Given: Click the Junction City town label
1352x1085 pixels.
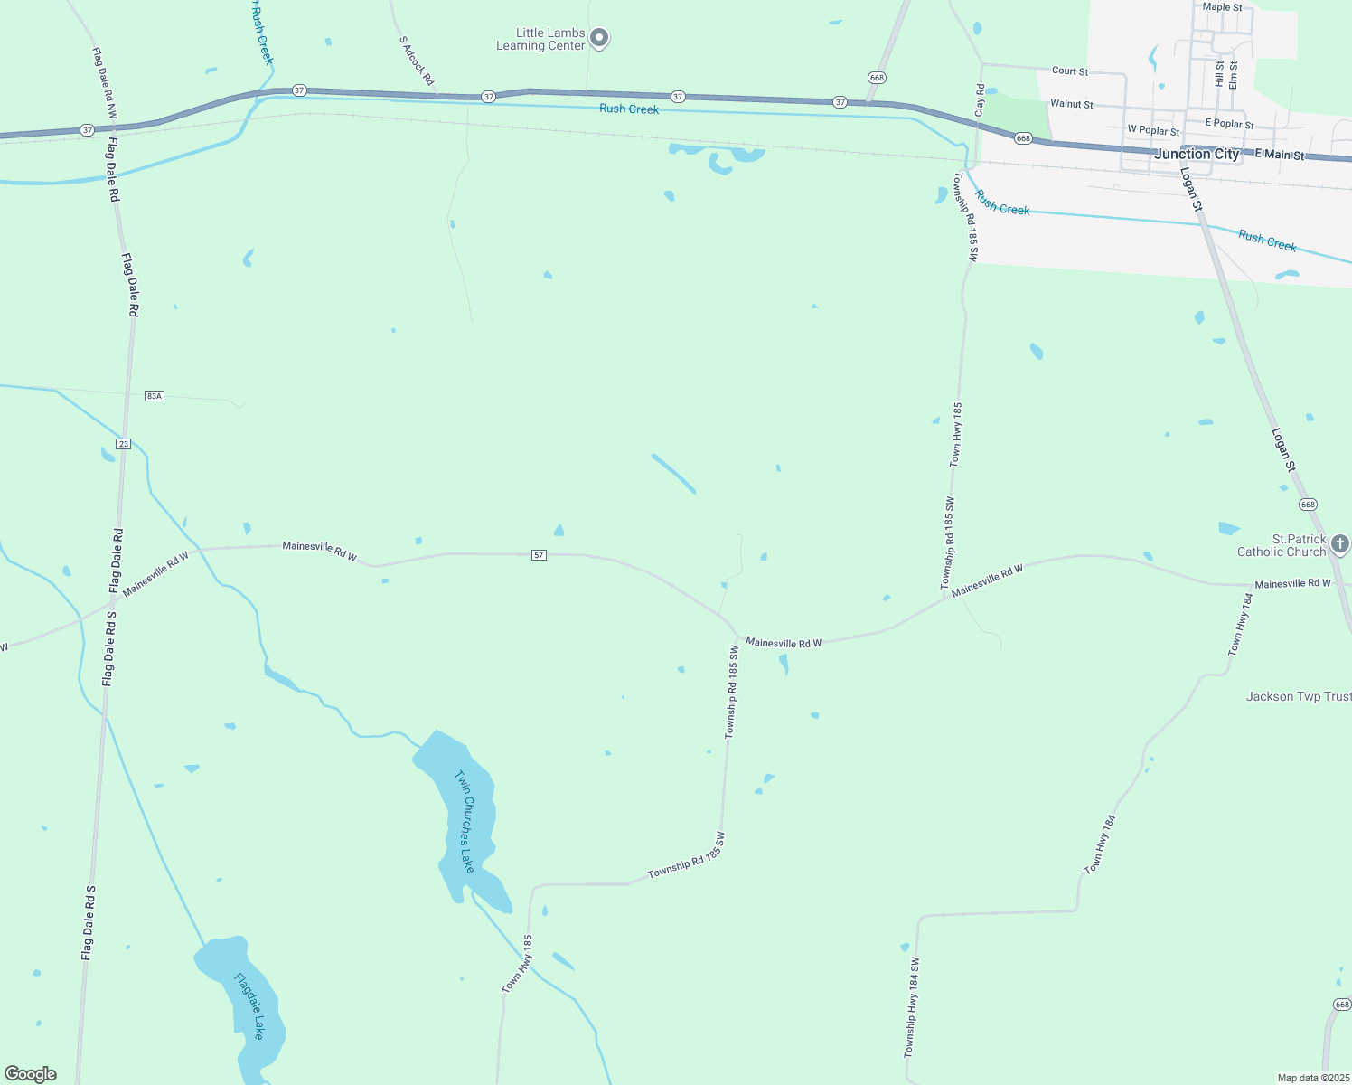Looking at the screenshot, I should coord(1197,154).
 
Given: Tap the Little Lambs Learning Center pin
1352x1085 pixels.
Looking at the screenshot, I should coord(599,39).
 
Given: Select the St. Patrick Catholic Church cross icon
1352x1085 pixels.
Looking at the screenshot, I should coord(1340,544).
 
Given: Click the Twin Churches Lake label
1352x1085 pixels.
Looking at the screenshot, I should coord(465,821).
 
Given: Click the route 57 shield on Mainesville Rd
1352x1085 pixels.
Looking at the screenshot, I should coord(539,555).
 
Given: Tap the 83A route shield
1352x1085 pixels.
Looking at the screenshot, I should coord(154,396).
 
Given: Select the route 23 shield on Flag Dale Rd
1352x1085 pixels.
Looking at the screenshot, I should coord(124,444).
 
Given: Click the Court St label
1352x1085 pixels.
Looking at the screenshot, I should coord(1070,71).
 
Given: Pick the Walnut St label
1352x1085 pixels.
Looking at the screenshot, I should coord(1072,104).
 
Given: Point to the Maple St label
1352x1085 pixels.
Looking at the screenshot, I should coord(1222,7).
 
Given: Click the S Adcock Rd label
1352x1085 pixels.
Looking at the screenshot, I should coord(417,61).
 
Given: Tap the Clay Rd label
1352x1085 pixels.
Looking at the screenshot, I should coord(980,100).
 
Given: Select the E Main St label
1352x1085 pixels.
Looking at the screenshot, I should coord(1280,155).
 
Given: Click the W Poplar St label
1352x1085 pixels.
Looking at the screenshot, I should coord(1153,130).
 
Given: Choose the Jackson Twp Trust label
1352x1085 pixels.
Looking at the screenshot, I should coord(1299,696).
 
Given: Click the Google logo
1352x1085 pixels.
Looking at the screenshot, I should coord(31,1074).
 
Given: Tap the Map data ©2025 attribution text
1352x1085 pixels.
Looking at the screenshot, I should coord(1312,1078).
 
